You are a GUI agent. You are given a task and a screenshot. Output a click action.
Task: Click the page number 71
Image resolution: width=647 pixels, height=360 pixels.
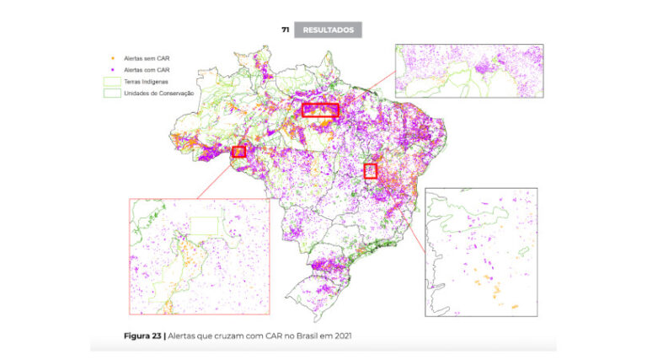tap(286, 30)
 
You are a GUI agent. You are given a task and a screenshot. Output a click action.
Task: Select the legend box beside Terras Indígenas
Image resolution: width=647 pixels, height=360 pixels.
tap(113, 81)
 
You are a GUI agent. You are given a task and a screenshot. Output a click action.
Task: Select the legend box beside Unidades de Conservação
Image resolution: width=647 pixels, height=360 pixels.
tap(113, 93)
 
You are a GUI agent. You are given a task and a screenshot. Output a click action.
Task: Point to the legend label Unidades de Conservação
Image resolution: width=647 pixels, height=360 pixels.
tap(159, 93)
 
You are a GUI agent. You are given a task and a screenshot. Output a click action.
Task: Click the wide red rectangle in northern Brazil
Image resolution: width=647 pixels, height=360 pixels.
tap(320, 110)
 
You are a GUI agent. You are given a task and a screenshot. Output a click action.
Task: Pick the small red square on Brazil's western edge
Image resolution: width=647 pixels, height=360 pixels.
tap(238, 152)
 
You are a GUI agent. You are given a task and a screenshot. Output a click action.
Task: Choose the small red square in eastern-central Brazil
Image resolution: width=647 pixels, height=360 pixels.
tap(371, 171)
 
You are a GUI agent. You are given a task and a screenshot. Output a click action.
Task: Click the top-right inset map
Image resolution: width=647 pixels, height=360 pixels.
tap(469, 71)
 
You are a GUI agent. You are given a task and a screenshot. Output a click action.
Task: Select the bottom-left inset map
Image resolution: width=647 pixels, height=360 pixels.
tap(199, 256)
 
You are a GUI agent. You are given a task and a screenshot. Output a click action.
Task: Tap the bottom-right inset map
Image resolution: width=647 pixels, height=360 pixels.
tap(481, 252)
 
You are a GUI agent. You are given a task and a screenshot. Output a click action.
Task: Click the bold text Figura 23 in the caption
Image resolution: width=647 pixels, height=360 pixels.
tap(142, 336)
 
